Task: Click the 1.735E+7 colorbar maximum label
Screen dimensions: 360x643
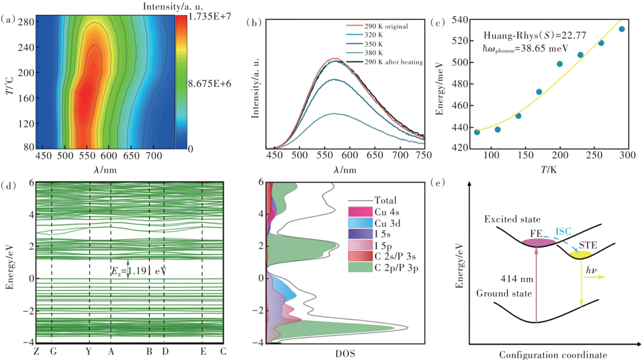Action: click(x=211, y=17)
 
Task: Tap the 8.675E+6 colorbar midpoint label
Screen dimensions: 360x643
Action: click(x=211, y=84)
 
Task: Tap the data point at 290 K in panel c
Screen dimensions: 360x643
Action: click(x=622, y=29)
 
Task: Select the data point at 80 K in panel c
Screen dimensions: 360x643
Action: click(x=477, y=132)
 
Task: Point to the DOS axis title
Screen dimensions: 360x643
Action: click(x=345, y=353)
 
